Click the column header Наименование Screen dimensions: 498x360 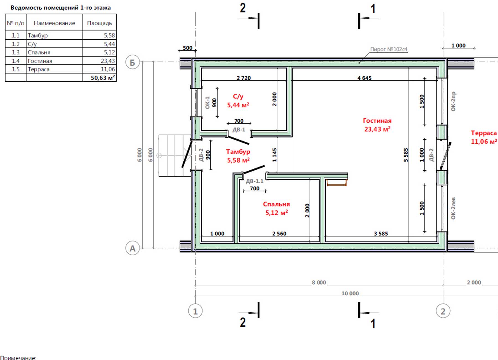click(54, 23)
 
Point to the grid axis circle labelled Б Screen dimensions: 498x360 click(133, 62)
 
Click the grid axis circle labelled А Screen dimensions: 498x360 click(133, 248)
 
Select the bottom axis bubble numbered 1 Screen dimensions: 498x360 click(195, 311)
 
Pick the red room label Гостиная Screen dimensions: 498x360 click(377, 121)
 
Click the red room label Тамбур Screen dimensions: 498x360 click(238, 152)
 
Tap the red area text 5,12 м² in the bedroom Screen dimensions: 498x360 click(277, 213)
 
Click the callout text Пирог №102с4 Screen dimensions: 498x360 click(389, 49)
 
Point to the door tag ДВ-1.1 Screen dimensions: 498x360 click(255, 181)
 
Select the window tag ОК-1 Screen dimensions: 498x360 click(207, 102)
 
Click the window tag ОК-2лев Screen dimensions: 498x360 click(453, 208)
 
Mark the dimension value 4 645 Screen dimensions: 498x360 click(364, 78)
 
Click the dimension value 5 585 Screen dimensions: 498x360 click(406, 155)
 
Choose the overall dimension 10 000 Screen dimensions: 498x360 click(350, 293)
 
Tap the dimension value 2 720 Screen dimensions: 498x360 click(244, 78)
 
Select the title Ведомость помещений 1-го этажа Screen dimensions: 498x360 click(61, 8)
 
